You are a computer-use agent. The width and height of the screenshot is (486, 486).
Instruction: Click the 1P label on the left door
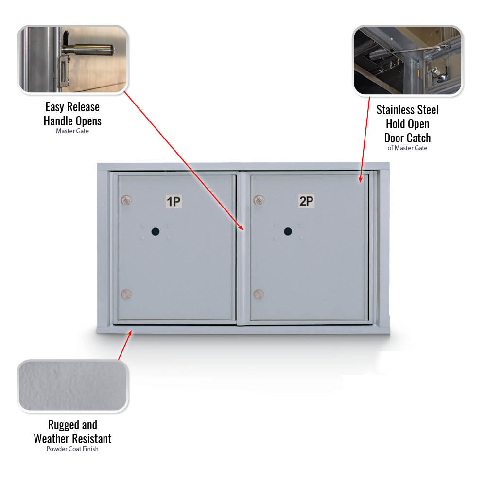174,202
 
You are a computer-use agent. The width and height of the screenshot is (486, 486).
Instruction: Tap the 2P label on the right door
306,201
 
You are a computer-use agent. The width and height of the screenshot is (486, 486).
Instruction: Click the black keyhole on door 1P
156,231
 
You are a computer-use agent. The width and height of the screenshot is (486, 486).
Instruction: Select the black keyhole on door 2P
288,231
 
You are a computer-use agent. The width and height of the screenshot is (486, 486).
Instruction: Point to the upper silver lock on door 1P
126,201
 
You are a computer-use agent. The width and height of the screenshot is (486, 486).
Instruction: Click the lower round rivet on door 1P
126,294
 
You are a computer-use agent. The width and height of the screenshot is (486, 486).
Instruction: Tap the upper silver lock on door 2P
259,200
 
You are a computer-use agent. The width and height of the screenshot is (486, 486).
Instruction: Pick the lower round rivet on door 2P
259,294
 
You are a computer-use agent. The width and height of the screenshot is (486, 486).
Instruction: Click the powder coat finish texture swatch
73,386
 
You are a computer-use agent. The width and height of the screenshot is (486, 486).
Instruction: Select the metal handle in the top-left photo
88,49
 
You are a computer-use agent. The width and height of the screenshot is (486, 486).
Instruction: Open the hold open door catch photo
408,60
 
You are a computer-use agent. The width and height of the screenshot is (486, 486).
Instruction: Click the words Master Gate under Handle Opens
72,131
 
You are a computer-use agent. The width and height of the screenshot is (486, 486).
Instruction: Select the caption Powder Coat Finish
72,449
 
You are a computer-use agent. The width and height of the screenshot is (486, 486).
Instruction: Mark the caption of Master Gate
407,148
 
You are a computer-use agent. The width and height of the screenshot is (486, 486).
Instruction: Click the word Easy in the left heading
54,107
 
